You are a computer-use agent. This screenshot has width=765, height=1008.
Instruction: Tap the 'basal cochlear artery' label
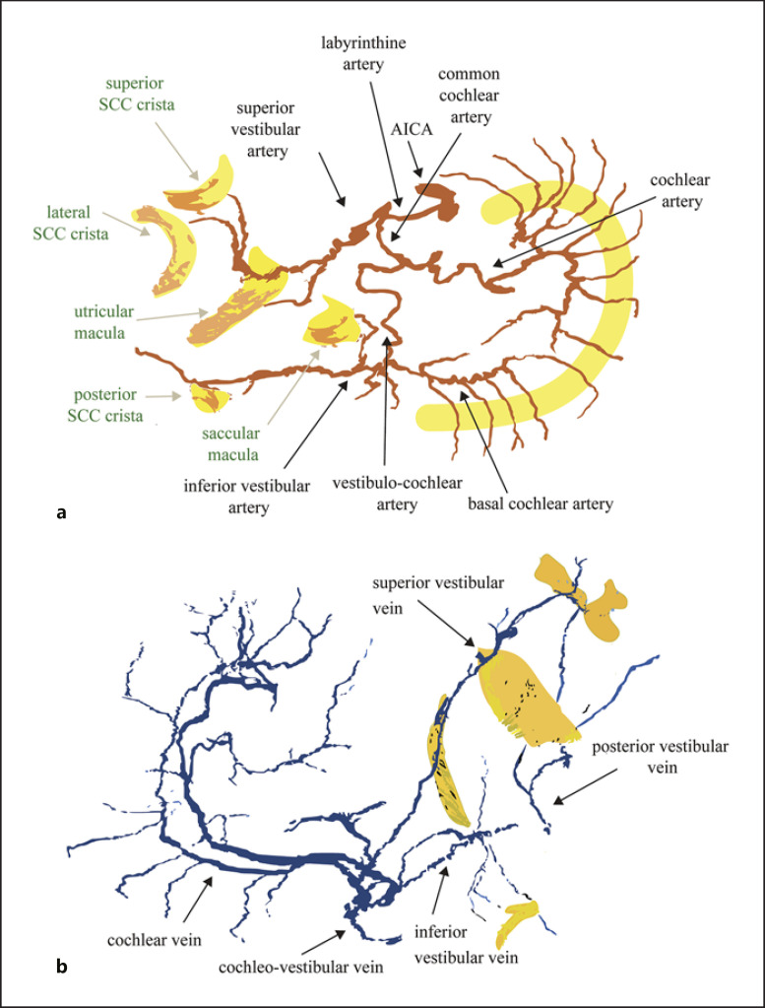[541, 504]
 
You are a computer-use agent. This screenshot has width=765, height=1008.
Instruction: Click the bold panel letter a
[62, 512]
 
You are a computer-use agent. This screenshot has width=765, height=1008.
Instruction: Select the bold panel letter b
[62, 968]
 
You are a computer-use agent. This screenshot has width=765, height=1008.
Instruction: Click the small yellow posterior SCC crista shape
[210, 398]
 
